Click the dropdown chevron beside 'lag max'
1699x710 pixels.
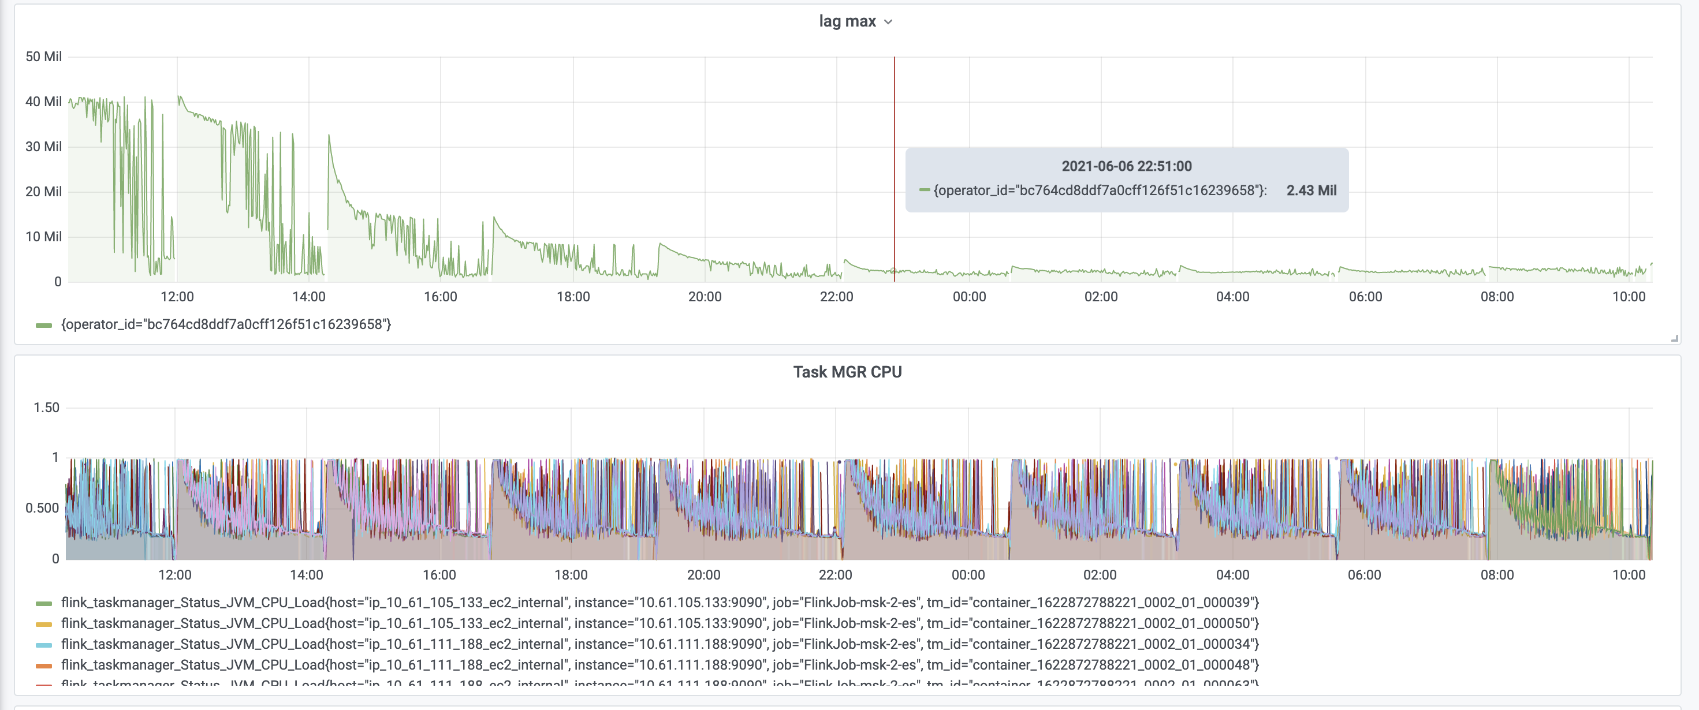point(888,22)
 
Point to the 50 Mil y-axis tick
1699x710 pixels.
point(43,57)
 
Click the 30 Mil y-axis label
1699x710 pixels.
point(43,147)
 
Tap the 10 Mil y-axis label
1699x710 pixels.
point(43,237)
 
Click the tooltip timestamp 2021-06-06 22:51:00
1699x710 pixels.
point(1126,166)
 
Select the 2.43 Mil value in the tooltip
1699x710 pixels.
point(1310,190)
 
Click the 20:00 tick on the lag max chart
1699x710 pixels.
point(705,297)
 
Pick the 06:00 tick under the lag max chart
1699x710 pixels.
point(1365,297)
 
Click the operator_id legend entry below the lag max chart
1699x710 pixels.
point(226,324)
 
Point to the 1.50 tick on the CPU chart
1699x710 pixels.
point(46,408)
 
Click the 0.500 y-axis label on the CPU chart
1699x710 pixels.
point(42,507)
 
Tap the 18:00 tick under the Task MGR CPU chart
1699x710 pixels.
point(571,575)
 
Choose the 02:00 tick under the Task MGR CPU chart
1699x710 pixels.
point(1100,575)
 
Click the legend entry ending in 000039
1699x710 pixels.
point(660,603)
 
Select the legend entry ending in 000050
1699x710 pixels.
point(660,623)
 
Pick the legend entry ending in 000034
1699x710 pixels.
point(660,644)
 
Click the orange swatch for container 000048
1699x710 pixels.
point(43,665)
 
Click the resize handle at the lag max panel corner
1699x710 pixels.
point(1674,338)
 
